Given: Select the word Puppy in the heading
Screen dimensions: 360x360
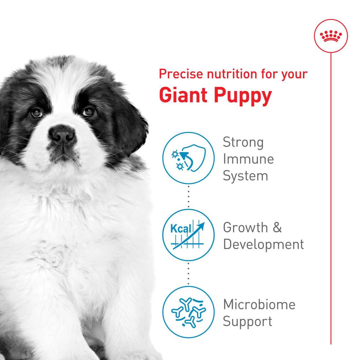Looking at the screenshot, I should tap(243, 95).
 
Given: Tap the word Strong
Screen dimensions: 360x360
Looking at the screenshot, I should tap(243, 143).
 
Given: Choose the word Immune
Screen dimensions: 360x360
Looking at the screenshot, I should tap(248, 159).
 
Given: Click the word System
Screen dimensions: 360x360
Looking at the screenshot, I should tap(245, 176).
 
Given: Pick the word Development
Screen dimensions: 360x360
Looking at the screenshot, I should tap(263, 244).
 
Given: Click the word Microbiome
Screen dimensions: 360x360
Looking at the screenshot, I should tap(259, 304).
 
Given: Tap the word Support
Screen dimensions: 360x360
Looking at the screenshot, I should tap(247, 321).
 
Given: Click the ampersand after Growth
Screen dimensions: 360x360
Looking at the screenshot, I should tap(277, 227).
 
